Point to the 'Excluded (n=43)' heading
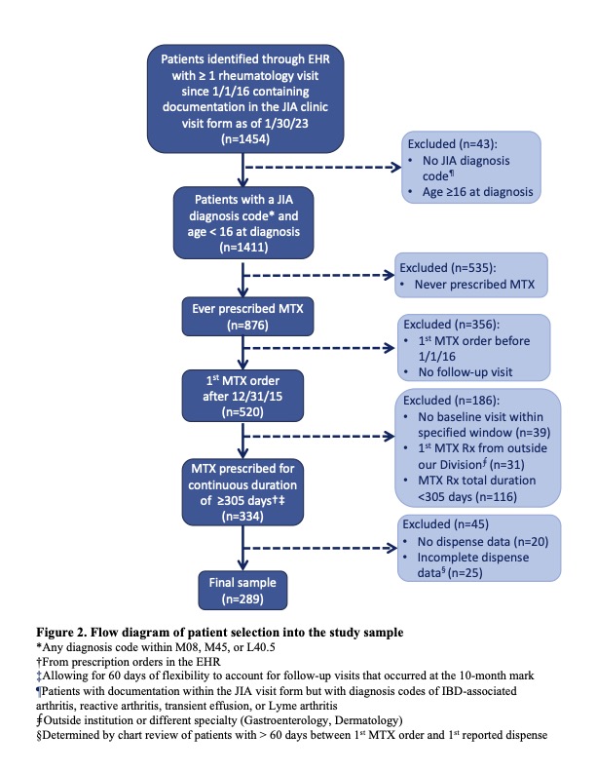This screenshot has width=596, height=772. click(445, 142)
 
